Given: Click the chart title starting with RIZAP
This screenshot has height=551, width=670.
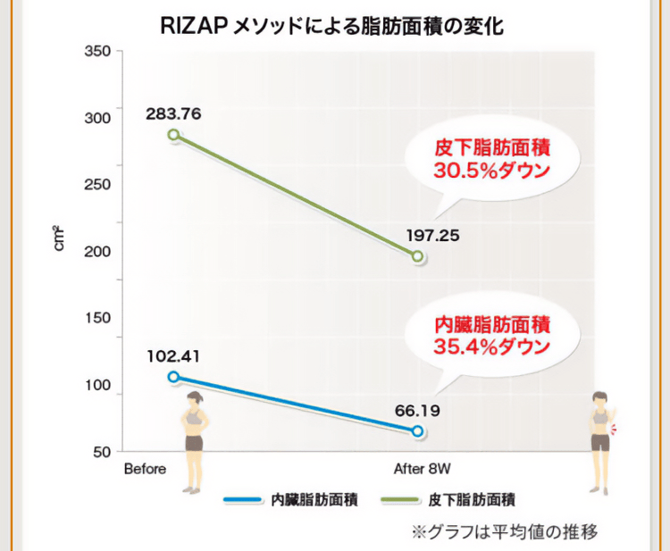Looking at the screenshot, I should [x=332, y=26].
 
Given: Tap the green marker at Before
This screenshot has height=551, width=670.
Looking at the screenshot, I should [x=174, y=135].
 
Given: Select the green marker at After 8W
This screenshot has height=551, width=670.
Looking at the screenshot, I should [x=417, y=256].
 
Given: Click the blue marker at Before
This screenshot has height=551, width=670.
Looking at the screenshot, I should [x=174, y=377].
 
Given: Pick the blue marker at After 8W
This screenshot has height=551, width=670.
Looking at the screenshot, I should [x=417, y=430].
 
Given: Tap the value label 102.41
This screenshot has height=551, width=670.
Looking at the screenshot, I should [x=174, y=355].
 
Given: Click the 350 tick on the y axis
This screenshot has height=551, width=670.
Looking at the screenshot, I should [x=99, y=52].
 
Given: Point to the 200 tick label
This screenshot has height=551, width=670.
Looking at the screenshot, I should [x=99, y=252].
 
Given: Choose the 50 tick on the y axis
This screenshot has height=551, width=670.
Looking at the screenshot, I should [x=103, y=452].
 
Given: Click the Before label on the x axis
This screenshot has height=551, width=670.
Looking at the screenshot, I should [x=145, y=469].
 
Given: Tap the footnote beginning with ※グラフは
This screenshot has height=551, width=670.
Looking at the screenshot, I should [x=504, y=532].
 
